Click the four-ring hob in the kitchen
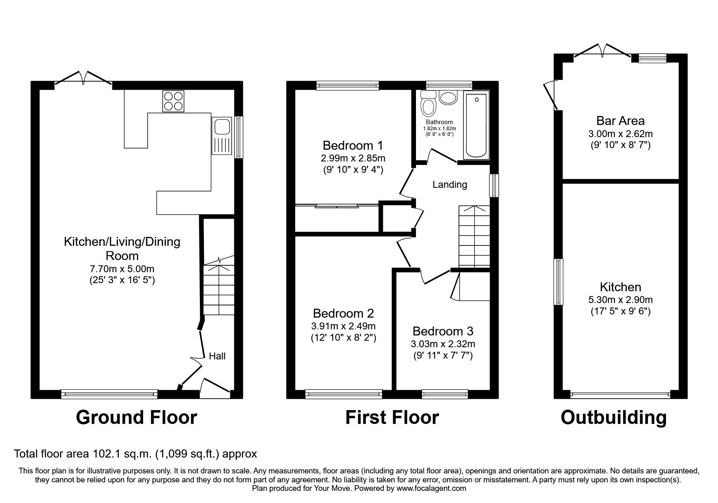tap(173, 101)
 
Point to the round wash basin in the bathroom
tap(448, 98)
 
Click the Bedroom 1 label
tap(352, 145)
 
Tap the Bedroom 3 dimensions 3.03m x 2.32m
tap(443, 344)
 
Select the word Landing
tap(450, 185)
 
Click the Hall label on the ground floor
tap(217, 356)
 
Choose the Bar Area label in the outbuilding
tap(620, 120)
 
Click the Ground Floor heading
tap(136, 417)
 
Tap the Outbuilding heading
tap(613, 417)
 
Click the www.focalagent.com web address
tap(431, 488)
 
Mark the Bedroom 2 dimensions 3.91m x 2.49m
tap(343, 326)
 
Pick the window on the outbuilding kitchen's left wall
tap(559, 282)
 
